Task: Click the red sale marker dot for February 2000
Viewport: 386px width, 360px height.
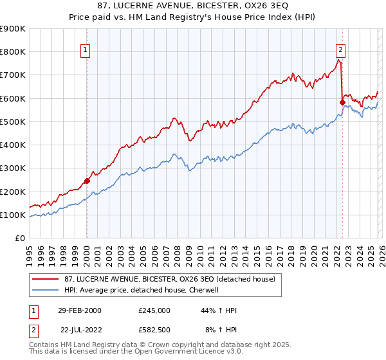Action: point(87,181)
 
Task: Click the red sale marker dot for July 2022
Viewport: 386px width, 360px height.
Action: point(342,102)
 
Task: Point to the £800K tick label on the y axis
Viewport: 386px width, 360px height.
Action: point(13,52)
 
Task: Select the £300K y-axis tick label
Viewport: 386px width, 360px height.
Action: point(13,168)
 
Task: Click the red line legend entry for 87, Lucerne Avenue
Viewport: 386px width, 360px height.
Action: point(169,278)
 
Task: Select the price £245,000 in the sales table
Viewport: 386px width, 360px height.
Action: point(154,310)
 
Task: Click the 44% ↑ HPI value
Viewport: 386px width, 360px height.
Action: point(219,310)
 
